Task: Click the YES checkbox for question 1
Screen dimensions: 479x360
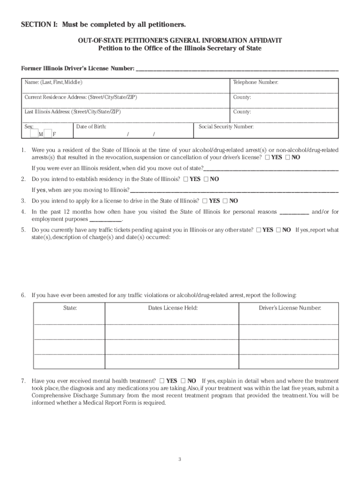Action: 267,158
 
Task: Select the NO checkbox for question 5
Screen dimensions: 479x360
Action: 278,230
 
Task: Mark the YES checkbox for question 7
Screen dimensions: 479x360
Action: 162,381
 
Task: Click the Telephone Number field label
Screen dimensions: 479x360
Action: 256,82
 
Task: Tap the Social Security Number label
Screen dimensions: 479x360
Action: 226,127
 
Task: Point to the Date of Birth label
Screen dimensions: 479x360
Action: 91,127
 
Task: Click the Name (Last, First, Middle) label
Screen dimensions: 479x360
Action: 53,82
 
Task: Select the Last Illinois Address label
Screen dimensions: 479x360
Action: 72,112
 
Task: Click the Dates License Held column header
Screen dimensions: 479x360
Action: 173,308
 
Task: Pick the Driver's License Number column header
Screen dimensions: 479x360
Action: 290,308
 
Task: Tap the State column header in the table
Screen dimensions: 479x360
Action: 70,308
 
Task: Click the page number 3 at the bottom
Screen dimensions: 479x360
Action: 180,459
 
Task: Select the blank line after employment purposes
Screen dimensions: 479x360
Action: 105,220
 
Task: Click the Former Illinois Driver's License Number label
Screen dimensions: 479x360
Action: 77,69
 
